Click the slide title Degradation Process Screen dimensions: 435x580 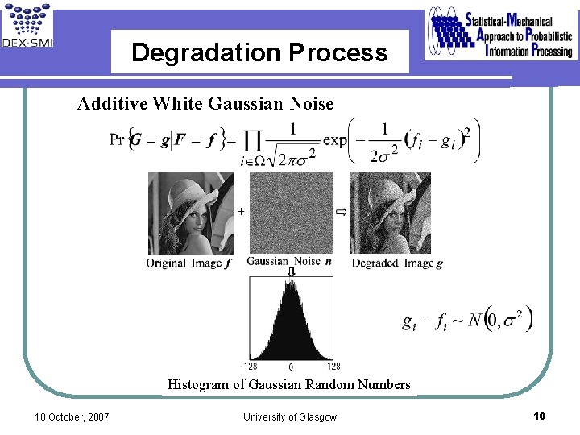(259, 53)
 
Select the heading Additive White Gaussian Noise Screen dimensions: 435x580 (205, 103)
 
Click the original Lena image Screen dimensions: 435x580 (191, 213)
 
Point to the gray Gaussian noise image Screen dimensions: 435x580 (290, 213)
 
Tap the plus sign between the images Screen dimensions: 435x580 (240, 211)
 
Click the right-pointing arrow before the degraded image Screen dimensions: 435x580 (341, 211)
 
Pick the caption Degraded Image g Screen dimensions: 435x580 (397, 263)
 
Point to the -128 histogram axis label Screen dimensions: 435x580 (249, 367)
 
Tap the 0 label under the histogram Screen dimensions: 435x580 (290, 367)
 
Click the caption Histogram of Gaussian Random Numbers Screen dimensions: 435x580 (288, 384)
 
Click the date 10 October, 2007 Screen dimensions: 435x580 (72, 416)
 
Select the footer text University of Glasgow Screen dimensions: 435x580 (290, 416)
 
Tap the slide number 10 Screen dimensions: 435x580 (540, 416)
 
